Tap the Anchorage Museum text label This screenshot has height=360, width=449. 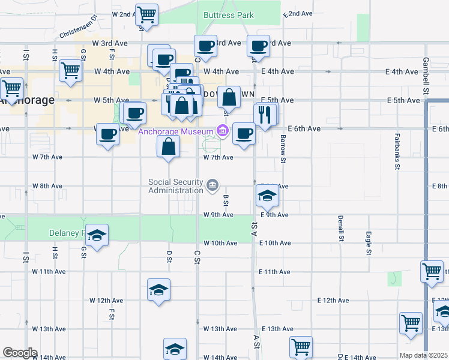tap(176, 131)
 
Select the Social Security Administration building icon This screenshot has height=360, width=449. tap(212, 187)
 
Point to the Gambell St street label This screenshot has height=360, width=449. tap(426, 70)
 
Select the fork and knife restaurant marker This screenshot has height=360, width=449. tap(265, 114)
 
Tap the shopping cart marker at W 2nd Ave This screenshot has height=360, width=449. tap(146, 14)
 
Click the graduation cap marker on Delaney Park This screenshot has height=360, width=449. tap(96, 236)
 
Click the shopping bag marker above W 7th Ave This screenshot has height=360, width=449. tap(169, 146)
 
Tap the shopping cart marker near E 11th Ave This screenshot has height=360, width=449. tap(432, 271)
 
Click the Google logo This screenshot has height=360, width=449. tap(20, 352)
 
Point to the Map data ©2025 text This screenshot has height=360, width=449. tap(423, 355)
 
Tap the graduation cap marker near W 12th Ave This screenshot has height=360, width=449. tap(158, 290)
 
